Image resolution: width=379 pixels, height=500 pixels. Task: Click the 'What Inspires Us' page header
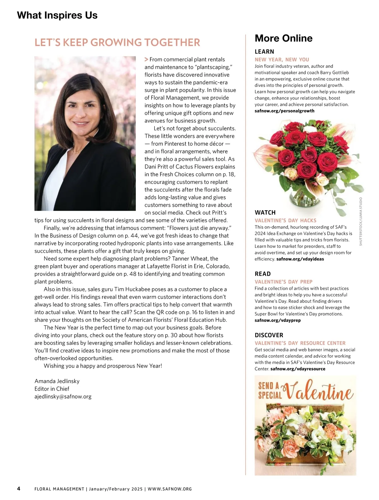pyautogui.click(x=57, y=15)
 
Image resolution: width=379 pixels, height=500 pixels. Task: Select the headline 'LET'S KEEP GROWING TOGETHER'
pyautogui.click(x=117, y=43)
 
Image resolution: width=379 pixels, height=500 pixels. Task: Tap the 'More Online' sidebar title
pyautogui.click(x=283, y=38)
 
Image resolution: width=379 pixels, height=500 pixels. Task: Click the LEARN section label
pyautogui.click(x=264, y=52)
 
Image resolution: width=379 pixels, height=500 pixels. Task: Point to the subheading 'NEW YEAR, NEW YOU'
pyautogui.click(x=282, y=59)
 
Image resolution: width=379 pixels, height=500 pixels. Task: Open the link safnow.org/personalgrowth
pyautogui.click(x=284, y=111)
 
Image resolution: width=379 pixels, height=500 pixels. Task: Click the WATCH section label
pyautogui.click(x=265, y=212)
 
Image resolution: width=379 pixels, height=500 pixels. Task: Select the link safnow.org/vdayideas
pyautogui.click(x=300, y=259)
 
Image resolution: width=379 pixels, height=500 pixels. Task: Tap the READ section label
pyautogui.click(x=262, y=274)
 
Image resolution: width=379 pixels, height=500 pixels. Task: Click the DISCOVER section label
pyautogui.click(x=269, y=335)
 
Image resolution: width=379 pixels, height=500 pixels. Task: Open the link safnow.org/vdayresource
pyautogui.click(x=298, y=369)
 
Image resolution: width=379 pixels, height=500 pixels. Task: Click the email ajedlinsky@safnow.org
pyautogui.click(x=63, y=396)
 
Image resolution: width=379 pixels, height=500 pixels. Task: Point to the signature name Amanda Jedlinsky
pyautogui.click(x=57, y=381)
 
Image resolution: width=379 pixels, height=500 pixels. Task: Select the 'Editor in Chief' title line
pyautogui.click(x=52, y=389)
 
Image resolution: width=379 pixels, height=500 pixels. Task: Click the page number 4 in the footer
pyautogui.click(x=19, y=489)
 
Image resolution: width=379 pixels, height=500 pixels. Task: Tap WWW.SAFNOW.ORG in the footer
pyautogui.click(x=170, y=489)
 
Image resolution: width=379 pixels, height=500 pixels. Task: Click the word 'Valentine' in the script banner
pyautogui.click(x=319, y=391)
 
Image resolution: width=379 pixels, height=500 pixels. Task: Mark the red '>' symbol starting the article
pyautogui.click(x=146, y=59)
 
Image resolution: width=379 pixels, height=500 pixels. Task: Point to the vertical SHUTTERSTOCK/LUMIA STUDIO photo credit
pyautogui.click(x=361, y=221)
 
